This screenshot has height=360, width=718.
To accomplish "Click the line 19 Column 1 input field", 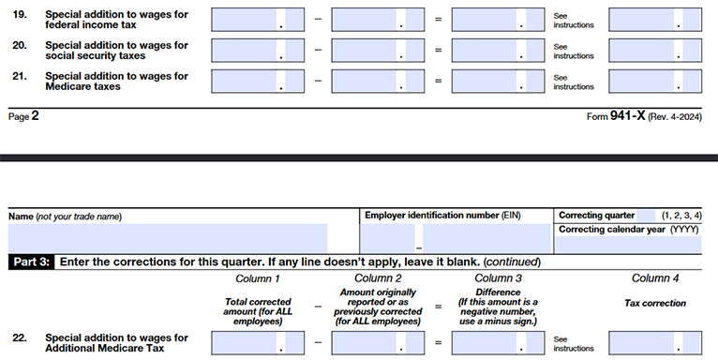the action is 258,20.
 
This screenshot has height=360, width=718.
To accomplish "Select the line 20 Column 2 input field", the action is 378,51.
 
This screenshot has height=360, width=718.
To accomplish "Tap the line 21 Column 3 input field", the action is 497,82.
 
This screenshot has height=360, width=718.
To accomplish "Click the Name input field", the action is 169,238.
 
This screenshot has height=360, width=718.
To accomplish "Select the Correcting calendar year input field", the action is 628,246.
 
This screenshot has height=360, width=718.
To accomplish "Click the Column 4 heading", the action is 655,279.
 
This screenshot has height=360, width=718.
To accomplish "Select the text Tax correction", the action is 655,304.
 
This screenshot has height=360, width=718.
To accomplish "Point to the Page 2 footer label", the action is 23,117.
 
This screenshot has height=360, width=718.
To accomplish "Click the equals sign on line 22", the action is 439,343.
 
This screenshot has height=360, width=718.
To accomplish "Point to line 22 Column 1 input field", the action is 258,343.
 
